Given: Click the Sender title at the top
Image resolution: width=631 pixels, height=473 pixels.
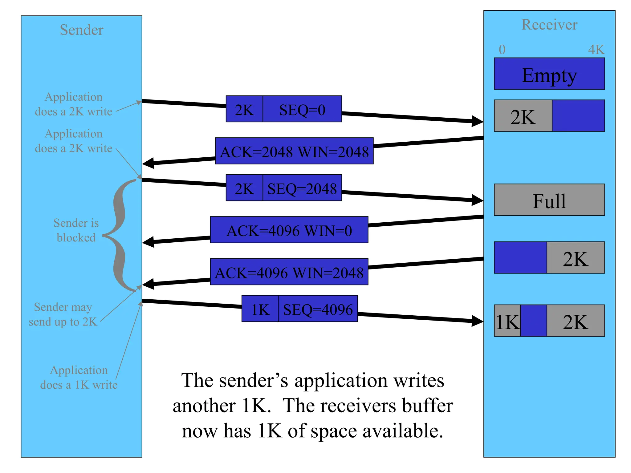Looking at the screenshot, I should [81, 30].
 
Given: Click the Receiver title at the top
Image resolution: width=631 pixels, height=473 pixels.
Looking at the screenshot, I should [549, 25].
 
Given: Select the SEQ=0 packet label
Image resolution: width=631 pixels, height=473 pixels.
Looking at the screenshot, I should [302, 110].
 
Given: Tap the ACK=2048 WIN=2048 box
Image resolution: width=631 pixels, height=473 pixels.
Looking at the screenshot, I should [294, 152].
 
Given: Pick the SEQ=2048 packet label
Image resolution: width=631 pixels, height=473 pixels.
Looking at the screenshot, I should [302, 188].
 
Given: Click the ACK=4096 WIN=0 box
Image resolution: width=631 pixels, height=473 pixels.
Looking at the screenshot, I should [289, 230].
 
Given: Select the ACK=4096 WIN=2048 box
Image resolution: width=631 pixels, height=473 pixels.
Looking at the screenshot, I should [289, 272].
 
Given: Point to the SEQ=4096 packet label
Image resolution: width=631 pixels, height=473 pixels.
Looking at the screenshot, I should [318, 309].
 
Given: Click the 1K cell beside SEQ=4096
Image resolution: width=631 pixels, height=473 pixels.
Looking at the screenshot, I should [260, 309].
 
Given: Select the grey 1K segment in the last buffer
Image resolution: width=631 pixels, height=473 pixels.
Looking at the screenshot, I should [507, 321].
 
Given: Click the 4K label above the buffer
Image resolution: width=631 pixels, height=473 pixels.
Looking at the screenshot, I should [596, 50].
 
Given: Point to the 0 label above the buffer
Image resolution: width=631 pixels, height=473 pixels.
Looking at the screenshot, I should [502, 50].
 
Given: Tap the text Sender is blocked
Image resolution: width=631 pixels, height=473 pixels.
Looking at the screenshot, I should [76, 230].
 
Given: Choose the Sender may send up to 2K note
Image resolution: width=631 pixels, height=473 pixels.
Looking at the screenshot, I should [63, 314].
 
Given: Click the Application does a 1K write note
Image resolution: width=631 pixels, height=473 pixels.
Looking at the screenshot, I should [79, 377].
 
